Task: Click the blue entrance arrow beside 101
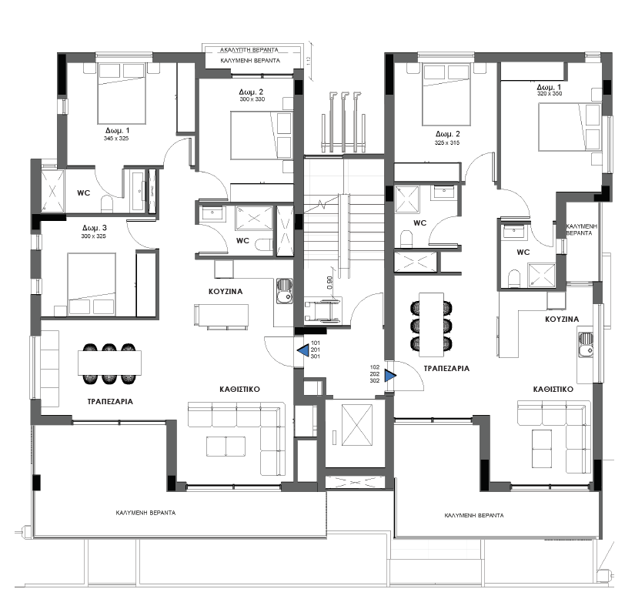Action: (303, 350)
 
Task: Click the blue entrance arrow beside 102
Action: (390, 376)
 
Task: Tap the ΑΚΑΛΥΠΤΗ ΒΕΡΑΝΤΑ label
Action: (249, 50)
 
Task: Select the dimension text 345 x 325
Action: (115, 139)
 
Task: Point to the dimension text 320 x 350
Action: (550, 94)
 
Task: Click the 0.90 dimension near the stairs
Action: (329, 283)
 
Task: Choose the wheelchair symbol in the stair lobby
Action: (323, 311)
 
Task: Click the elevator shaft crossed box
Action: (357, 424)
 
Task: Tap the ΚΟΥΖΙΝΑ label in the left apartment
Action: (226, 291)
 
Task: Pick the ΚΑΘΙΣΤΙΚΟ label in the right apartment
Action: (553, 389)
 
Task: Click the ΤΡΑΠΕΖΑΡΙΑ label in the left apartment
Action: (110, 402)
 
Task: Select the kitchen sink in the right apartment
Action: (585, 344)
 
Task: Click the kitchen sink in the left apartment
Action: (284, 290)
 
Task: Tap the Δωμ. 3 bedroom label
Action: (95, 228)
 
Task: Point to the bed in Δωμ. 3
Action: (92, 284)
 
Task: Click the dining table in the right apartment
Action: (431, 325)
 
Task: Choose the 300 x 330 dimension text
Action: (252, 99)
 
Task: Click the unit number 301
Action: (316, 356)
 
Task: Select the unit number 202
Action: (375, 374)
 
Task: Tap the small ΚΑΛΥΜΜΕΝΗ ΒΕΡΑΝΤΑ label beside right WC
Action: (582, 229)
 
